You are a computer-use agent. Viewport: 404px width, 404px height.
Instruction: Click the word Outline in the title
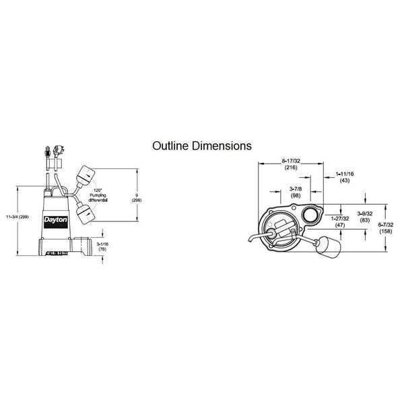(168, 145)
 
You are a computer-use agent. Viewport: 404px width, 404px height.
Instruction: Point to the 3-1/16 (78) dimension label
(102, 246)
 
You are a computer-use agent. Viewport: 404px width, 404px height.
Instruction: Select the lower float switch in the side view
(85, 215)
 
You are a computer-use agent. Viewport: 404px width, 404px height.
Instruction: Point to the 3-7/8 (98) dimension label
(295, 191)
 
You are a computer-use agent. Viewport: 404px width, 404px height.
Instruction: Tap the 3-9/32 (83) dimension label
(366, 217)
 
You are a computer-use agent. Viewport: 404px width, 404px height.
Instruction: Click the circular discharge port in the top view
(310, 216)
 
